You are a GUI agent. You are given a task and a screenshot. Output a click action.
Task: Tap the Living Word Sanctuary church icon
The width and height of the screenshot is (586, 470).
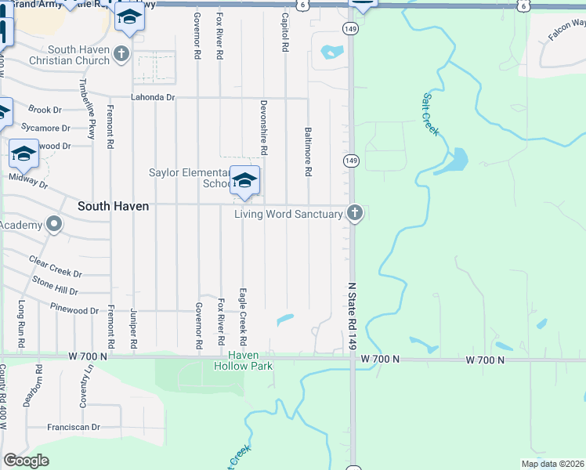(355, 212)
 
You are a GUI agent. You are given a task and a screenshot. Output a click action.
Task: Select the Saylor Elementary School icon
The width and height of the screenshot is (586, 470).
(244, 182)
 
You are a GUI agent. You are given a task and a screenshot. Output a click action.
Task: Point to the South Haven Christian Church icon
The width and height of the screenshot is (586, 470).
(121, 53)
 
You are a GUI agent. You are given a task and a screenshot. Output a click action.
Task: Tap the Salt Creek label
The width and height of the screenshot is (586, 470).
(431, 114)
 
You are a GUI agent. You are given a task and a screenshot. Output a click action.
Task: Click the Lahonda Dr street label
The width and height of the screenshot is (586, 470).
(153, 97)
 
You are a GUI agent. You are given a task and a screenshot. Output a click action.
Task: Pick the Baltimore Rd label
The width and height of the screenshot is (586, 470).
(308, 151)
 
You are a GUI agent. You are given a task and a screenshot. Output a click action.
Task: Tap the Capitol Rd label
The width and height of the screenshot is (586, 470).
(285, 32)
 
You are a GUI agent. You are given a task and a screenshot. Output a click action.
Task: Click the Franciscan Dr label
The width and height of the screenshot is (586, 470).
(74, 427)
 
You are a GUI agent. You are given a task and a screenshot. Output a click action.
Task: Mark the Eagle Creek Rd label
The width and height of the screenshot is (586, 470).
(244, 317)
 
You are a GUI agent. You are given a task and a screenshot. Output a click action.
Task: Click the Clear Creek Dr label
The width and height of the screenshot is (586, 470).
(55, 266)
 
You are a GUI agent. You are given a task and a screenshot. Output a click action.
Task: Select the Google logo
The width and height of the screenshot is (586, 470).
(26, 461)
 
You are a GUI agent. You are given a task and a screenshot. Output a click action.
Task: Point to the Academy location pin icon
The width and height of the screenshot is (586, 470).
(54, 226)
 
